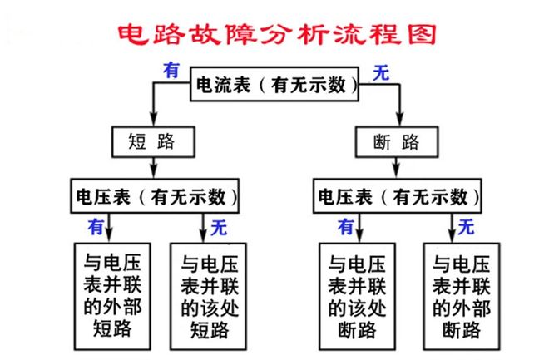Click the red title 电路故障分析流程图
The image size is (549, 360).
[x=274, y=35]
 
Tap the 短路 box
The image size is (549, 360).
[x=152, y=141]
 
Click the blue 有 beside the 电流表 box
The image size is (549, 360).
[x=171, y=71]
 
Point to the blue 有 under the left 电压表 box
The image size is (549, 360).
[x=97, y=224]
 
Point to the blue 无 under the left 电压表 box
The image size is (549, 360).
[x=218, y=225]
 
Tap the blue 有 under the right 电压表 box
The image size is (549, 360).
[x=345, y=224]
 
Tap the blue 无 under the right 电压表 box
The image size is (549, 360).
[x=467, y=224]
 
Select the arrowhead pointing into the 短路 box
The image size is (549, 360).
[x=152, y=121]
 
